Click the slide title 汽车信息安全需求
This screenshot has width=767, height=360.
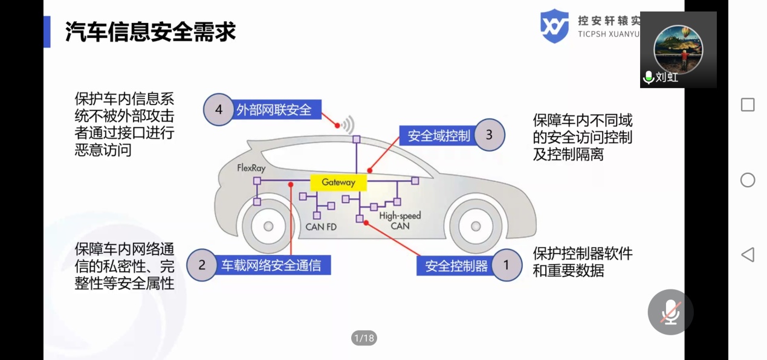coord(150,31)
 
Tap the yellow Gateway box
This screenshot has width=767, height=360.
coord(338,182)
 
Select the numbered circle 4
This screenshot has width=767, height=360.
coord(219,110)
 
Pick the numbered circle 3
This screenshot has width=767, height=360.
coord(489,135)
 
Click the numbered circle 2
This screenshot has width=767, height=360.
coord(202,265)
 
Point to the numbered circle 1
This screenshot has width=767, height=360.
coord(506,265)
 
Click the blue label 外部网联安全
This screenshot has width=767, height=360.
coord(274,110)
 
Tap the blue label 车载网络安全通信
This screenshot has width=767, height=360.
coord(271,265)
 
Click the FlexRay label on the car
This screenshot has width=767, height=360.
coord(251,168)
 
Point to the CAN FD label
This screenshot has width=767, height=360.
coord(321,227)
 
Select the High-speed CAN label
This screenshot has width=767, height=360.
coord(400,220)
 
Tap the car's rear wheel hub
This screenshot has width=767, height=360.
coord(268,227)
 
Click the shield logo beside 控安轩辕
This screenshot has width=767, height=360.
coord(554,26)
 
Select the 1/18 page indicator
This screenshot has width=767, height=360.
coord(364,338)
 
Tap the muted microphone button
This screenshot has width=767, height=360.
coord(670,312)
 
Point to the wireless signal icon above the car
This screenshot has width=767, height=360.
coord(346,126)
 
